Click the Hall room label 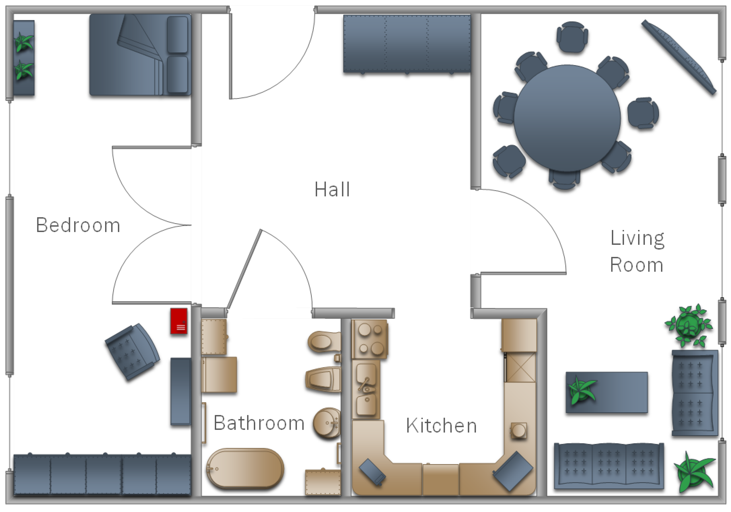pos(332,189)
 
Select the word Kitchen pos(441,425)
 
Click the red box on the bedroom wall pos(179,321)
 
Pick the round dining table pos(567,118)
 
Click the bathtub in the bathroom pos(245,468)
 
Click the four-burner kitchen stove pos(370,340)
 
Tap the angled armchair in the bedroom pos(132,352)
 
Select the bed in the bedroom pos(140,55)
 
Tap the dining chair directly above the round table pos(572,37)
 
